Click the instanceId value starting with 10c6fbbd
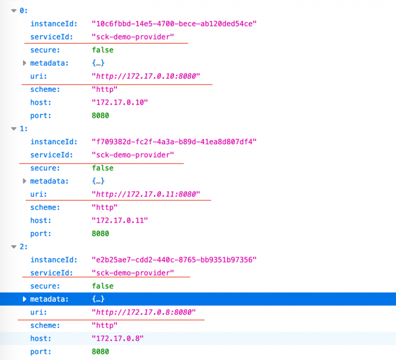tap(174, 24)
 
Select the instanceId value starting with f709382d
tap(174, 142)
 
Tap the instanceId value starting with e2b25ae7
tap(174, 260)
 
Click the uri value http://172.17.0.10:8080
tap(146, 76)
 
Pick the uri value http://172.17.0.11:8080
tap(146, 194)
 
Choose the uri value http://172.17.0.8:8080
tap(144, 312)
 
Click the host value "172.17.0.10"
tap(120, 102)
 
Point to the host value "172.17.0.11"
tap(120, 220)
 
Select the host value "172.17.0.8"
tap(118, 338)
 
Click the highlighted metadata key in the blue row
tap(49, 299)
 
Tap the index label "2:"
tap(24, 246)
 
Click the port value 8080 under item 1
tap(100, 233)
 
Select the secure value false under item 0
tap(103, 50)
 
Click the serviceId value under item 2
tap(133, 273)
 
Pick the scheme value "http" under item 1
tap(105, 207)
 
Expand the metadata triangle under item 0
tap(25, 63)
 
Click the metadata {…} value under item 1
tap(98, 181)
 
